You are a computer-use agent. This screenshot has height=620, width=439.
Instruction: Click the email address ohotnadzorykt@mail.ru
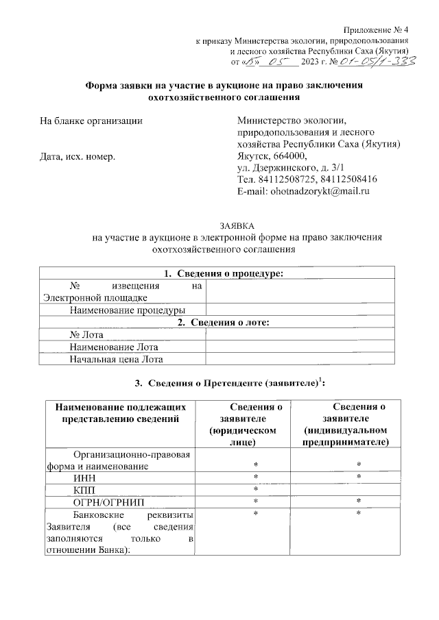click(303, 192)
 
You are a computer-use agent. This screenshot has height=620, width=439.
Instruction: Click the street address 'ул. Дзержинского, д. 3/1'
click(286, 168)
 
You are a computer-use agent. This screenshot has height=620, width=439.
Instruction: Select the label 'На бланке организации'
click(92, 121)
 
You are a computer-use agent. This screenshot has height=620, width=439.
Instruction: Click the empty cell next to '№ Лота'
click(300, 334)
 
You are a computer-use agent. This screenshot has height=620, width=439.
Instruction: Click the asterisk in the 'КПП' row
click(255, 489)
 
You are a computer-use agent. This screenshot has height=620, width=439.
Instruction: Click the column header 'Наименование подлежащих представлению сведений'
click(120, 413)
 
